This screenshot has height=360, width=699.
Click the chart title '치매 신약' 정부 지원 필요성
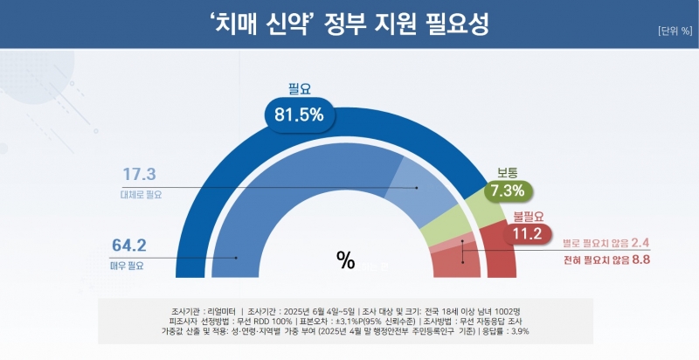pos(349,24)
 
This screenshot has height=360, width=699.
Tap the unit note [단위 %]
pos(674,31)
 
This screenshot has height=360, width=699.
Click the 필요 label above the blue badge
pos(300,87)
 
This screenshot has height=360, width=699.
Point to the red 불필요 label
pos(527,215)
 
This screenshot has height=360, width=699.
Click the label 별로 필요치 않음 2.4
pos(606,243)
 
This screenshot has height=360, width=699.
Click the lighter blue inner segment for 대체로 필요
pos(419,188)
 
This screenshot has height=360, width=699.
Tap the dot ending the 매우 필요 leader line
pos(236,257)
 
